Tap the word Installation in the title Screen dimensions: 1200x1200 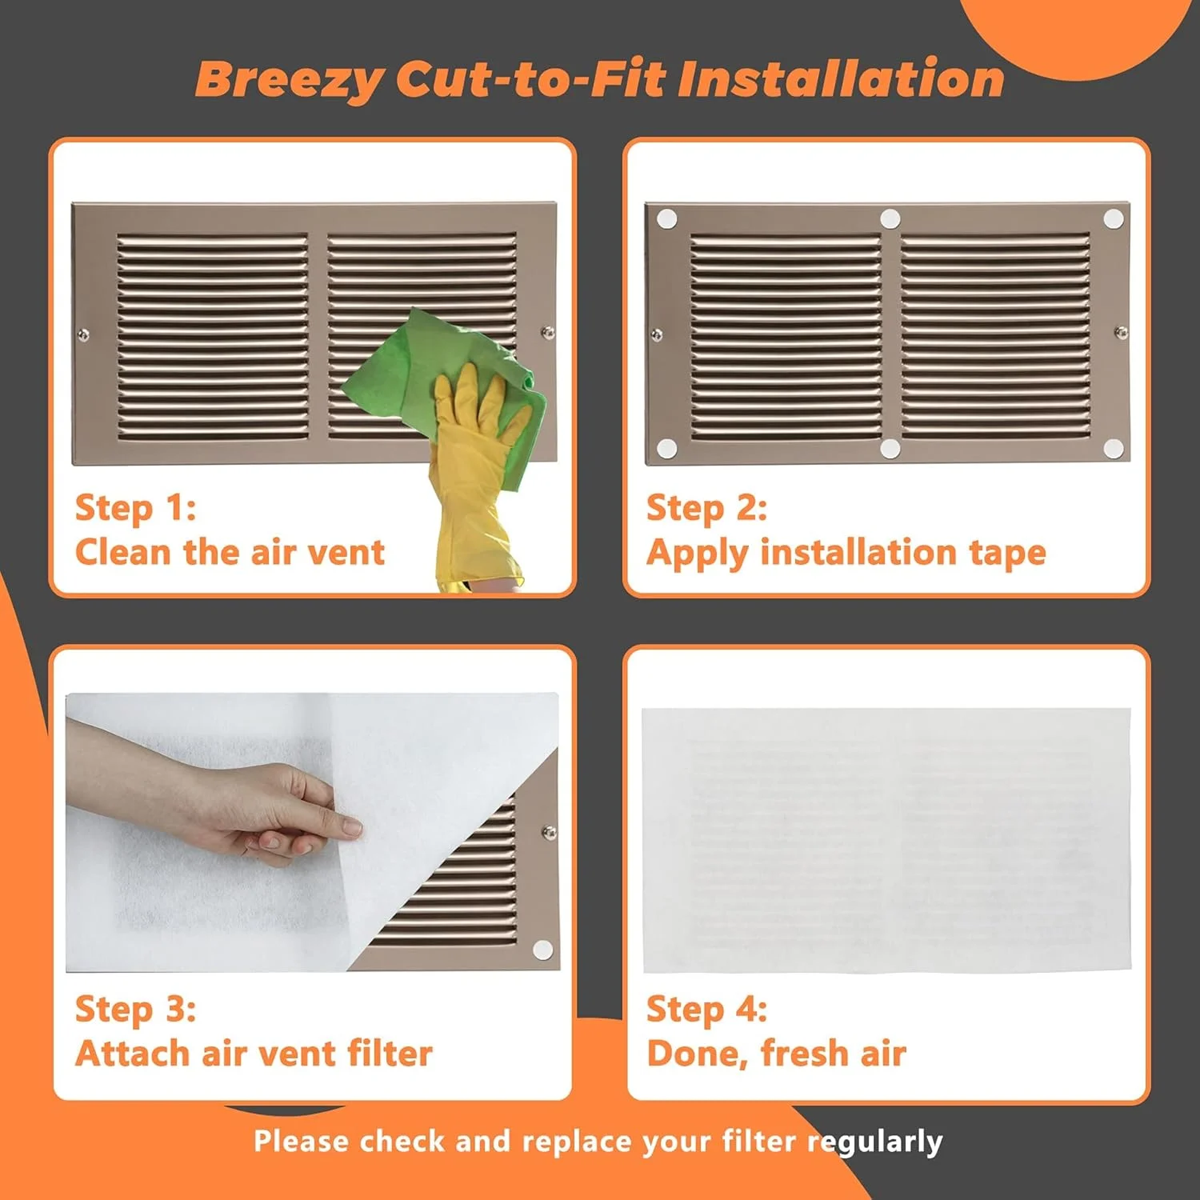click(x=841, y=78)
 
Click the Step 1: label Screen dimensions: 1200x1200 click(x=135, y=508)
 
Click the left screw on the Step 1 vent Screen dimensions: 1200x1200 click(x=83, y=335)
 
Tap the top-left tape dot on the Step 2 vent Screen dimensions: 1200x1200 click(x=666, y=219)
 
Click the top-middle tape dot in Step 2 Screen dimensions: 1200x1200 click(x=890, y=218)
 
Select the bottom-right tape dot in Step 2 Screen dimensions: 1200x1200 click(x=1114, y=448)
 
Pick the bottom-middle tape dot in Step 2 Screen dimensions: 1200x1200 click(x=890, y=449)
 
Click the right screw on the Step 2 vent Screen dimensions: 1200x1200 click(x=1122, y=332)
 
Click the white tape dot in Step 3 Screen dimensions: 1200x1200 click(x=542, y=950)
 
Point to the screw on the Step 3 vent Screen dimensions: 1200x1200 click(x=549, y=832)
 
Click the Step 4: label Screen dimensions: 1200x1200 click(x=706, y=1009)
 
